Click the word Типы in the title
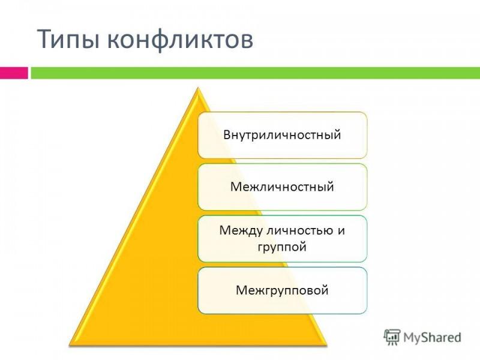[x=68, y=39]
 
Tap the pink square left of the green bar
[x=14, y=73]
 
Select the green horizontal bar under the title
[x=256, y=73]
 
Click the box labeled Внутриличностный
[x=282, y=135]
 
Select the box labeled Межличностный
[x=282, y=187]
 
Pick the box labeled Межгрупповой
[x=282, y=290]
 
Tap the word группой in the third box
[x=282, y=247]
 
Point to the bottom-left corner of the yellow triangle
[x=70, y=346]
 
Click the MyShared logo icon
[x=392, y=337]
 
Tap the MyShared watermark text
[x=432, y=337]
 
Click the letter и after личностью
[x=341, y=231]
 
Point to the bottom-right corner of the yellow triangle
[x=326, y=346]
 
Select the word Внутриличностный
[x=282, y=135]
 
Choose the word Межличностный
[x=282, y=187]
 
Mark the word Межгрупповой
[x=282, y=290]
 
